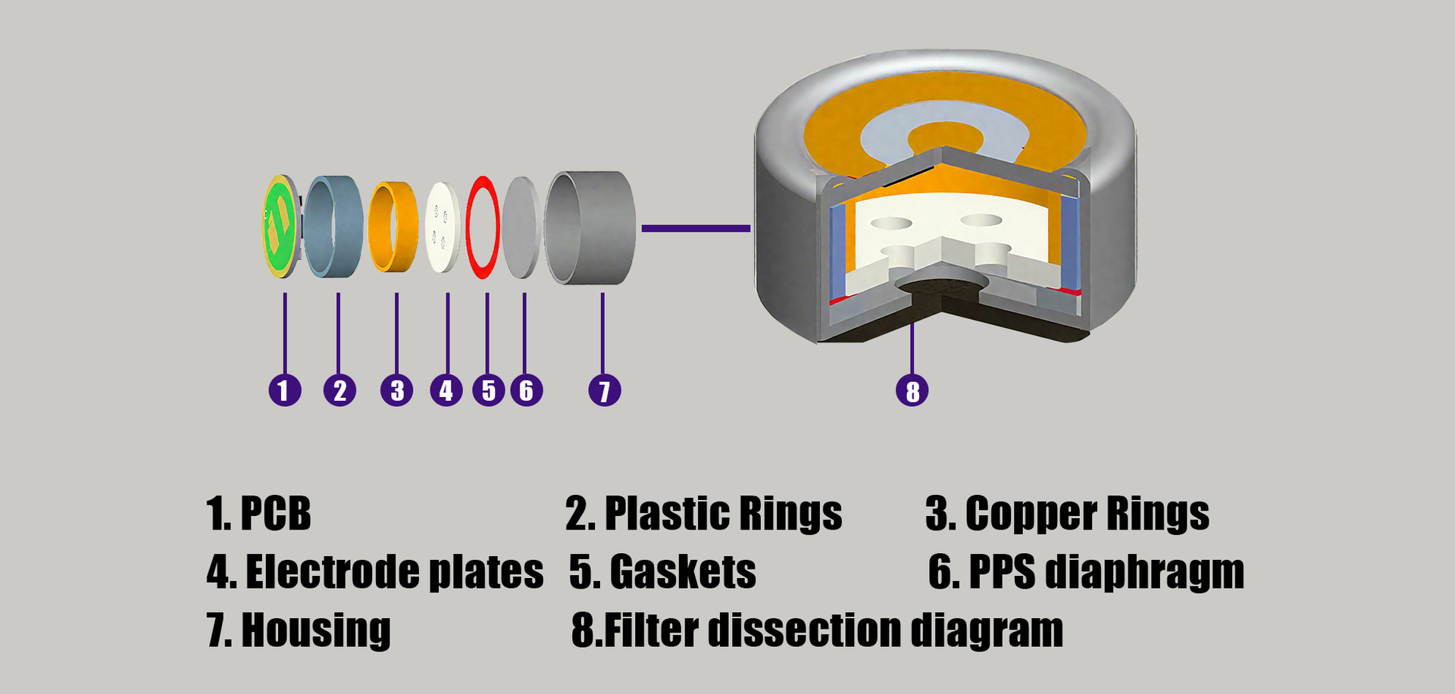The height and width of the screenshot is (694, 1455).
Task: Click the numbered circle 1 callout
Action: coord(285,390)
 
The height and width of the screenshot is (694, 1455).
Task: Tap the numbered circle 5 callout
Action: coord(488,390)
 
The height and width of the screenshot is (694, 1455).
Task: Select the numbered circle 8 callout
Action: coord(912,391)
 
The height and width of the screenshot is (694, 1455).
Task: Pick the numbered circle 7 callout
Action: coord(604,390)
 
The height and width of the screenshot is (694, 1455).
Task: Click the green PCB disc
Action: coord(278,226)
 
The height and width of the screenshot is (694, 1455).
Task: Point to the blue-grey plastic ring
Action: coord(334,227)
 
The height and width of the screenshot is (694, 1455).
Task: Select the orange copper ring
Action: coord(393,226)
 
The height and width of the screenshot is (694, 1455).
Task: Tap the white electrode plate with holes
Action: coord(443,227)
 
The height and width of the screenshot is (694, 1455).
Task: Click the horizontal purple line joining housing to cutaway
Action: coord(695,228)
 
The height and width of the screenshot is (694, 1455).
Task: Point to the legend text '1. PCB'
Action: coord(258,514)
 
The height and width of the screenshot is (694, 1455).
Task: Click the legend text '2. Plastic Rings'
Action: coord(703,514)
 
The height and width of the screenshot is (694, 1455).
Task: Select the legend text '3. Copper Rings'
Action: coord(1067,514)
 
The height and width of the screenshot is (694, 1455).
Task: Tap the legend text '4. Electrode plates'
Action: coord(375,572)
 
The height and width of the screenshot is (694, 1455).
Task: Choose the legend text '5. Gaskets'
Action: coord(662,572)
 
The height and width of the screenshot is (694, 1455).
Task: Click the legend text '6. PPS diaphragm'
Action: coord(1086,572)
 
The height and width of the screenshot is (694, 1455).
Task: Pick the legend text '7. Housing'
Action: coord(299,630)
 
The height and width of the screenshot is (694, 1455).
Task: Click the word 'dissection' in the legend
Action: coord(806,630)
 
